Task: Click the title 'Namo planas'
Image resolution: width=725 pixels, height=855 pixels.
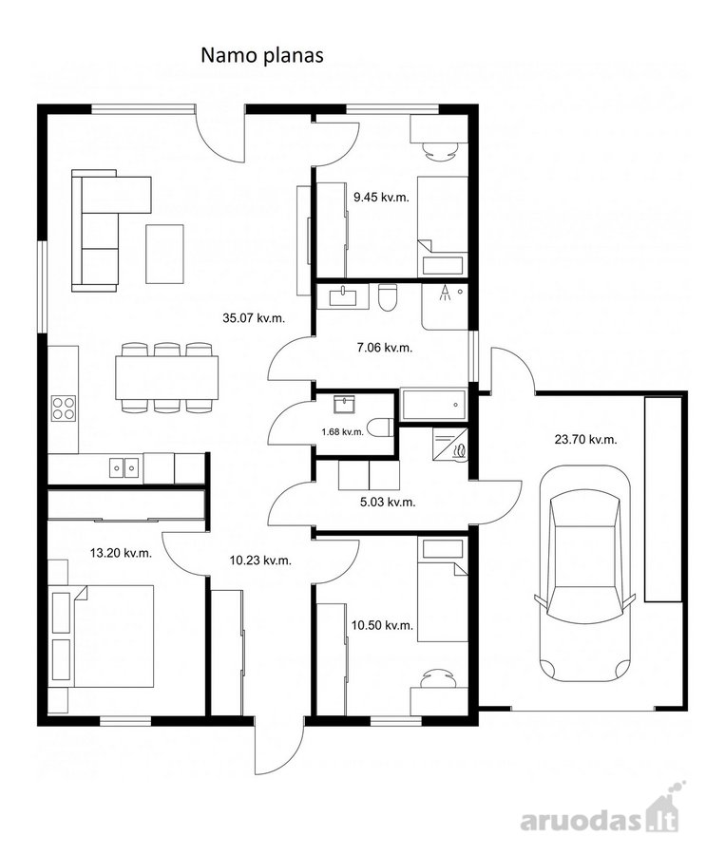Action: [x=262, y=55]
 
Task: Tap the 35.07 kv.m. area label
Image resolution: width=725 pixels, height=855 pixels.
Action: [x=254, y=318]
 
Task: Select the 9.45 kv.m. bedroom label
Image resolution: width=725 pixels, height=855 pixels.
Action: [x=381, y=198]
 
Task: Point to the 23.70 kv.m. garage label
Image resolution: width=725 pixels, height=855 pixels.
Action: [x=586, y=439]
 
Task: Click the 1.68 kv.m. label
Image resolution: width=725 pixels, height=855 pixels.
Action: [x=343, y=432]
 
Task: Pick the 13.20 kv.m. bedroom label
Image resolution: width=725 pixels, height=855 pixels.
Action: [x=121, y=553]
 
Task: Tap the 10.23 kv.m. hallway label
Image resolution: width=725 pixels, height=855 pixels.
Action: [x=260, y=560]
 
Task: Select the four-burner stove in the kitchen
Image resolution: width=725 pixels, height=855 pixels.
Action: [x=64, y=408]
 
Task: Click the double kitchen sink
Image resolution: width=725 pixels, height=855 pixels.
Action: [x=124, y=467]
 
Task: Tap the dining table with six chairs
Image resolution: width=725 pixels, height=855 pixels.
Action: [x=167, y=377]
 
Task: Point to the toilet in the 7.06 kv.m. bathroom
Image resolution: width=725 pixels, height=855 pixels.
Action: [x=388, y=297]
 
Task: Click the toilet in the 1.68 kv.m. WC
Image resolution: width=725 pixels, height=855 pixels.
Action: [x=380, y=427]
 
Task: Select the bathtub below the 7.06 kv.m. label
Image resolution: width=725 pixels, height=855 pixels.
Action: [x=434, y=404]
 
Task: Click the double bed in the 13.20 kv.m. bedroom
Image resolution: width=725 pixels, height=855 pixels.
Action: [x=101, y=636]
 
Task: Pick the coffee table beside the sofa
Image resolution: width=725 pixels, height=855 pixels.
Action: [x=164, y=254]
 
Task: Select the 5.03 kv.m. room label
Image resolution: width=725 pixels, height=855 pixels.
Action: [x=388, y=502]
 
